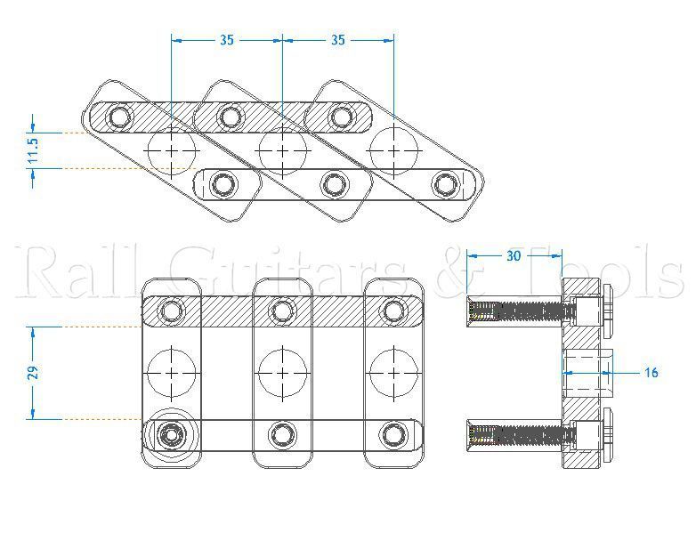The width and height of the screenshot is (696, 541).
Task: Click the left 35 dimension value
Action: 227,40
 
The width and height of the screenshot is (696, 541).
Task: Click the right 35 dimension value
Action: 338,40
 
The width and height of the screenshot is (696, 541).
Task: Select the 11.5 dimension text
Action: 32,149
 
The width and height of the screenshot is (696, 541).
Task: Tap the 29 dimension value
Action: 32,373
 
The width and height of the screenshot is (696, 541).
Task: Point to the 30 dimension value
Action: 514,256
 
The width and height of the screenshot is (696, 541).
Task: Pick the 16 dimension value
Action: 651,373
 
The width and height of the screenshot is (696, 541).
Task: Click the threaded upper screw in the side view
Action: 516,311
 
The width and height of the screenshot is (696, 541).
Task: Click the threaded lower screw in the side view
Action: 516,435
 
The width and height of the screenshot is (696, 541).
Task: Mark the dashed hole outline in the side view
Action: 587,373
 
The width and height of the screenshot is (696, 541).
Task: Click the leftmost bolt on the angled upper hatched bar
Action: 119,116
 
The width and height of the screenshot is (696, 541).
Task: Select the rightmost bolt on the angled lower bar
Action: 444,184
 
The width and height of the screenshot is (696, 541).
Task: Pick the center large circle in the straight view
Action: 282,373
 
